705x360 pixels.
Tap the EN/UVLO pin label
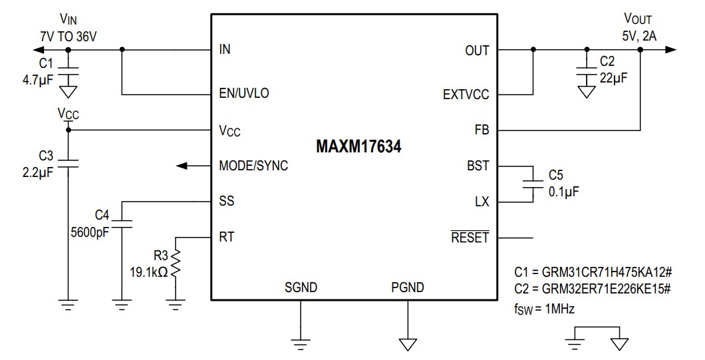(x=244, y=93)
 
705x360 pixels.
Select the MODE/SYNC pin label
(x=253, y=166)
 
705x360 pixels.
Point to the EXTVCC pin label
(x=466, y=94)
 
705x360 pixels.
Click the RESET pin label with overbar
(x=470, y=237)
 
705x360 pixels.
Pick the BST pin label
(x=478, y=166)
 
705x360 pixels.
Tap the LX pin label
(x=482, y=202)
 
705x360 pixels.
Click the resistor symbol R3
(x=176, y=266)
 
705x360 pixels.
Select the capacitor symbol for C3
(x=67, y=163)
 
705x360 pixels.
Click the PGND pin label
(x=407, y=287)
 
